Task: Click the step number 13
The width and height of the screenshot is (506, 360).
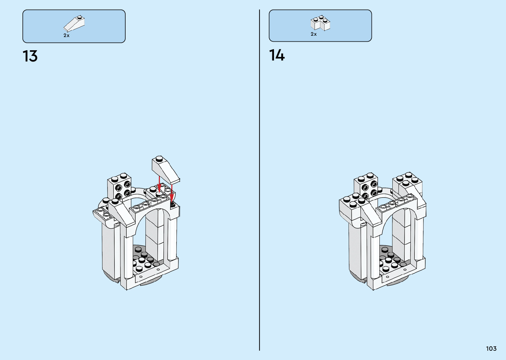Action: click(x=30, y=56)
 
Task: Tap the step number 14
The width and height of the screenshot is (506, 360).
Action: click(x=277, y=55)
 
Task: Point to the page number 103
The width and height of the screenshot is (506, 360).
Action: click(x=491, y=348)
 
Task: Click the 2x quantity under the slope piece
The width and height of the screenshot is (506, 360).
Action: click(x=66, y=35)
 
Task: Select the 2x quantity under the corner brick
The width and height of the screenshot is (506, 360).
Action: click(x=313, y=34)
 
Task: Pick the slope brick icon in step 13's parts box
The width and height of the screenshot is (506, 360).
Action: click(x=74, y=23)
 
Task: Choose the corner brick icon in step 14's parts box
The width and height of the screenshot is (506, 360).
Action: click(x=320, y=23)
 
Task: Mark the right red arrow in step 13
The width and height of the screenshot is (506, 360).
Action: click(x=172, y=193)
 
